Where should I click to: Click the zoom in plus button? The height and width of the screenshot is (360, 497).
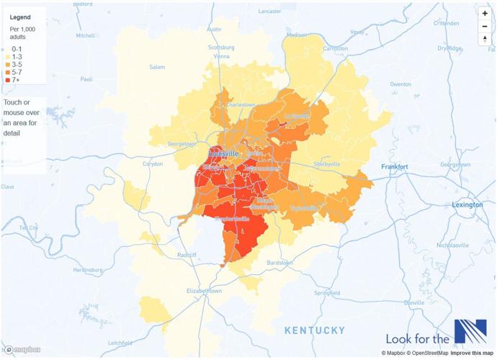click(x=485, y=14)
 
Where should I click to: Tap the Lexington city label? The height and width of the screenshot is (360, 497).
click(x=467, y=205)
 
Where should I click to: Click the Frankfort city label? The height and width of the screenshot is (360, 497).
click(x=394, y=167)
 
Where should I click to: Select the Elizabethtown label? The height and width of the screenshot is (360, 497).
click(x=205, y=291)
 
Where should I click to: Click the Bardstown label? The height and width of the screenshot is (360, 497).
click(x=278, y=264)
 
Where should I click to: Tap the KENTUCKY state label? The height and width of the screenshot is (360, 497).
click(x=315, y=330)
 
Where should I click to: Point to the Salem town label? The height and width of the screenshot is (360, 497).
click(x=157, y=67)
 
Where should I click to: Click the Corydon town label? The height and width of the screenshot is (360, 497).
click(x=153, y=163)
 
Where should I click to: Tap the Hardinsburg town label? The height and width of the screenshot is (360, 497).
click(x=87, y=271)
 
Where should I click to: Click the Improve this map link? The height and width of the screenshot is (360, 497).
click(x=472, y=354)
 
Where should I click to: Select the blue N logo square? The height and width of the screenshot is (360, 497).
click(x=470, y=331)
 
